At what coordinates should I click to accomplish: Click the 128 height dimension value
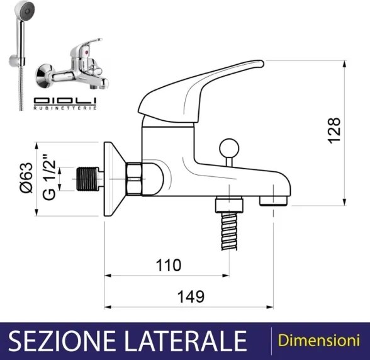pos(334,130)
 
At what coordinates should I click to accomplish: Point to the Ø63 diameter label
pos(26,179)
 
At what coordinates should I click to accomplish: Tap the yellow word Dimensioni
pos(314,340)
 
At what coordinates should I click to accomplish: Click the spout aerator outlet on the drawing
pos(273,200)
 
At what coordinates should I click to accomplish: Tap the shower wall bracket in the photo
pos(13,62)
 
